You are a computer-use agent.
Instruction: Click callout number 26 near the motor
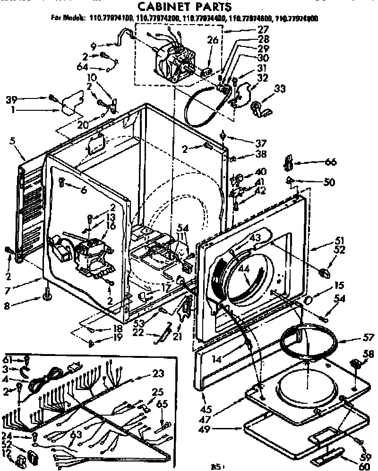[x=213, y=41]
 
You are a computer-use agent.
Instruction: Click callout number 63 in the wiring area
[x=76, y=434]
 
